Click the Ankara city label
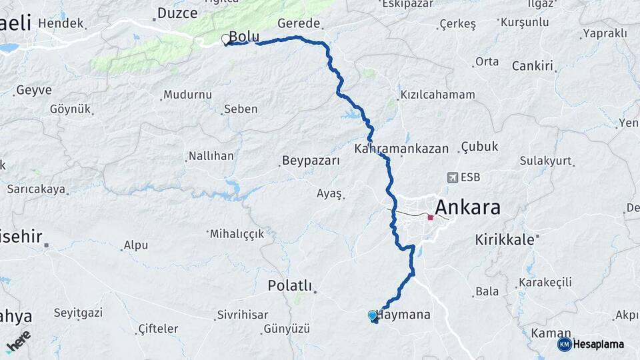[x=467, y=207]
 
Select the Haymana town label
[x=405, y=314]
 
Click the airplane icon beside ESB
[x=453, y=177]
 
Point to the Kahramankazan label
[x=401, y=149]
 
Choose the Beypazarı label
[x=311, y=161]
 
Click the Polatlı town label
[x=289, y=285]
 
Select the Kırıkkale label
[x=505, y=239]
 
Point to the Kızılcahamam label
[x=437, y=95]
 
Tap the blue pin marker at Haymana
[x=372, y=315]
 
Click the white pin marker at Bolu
[x=225, y=39]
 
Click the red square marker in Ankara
[x=431, y=217]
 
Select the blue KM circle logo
[x=564, y=344]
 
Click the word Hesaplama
[x=599, y=344]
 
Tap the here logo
[x=18, y=341]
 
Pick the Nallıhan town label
[x=211, y=156]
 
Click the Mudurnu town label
[x=187, y=95]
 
